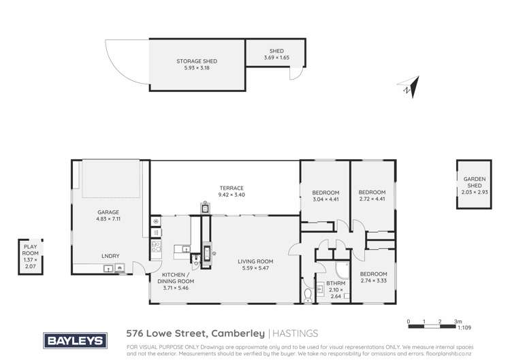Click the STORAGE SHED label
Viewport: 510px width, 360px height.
pyautogui.click(x=196, y=61)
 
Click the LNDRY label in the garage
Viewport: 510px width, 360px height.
pyautogui.click(x=110, y=255)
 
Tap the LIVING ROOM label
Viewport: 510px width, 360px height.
pyautogui.click(x=255, y=261)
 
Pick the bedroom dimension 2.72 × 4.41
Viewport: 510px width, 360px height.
pyautogui.click(x=372, y=199)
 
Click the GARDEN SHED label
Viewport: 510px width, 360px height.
pyautogui.click(x=471, y=184)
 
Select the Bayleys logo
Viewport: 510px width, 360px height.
pyautogui.click(x=74, y=340)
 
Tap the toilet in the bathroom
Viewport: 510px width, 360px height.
pyautogui.click(x=308, y=294)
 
